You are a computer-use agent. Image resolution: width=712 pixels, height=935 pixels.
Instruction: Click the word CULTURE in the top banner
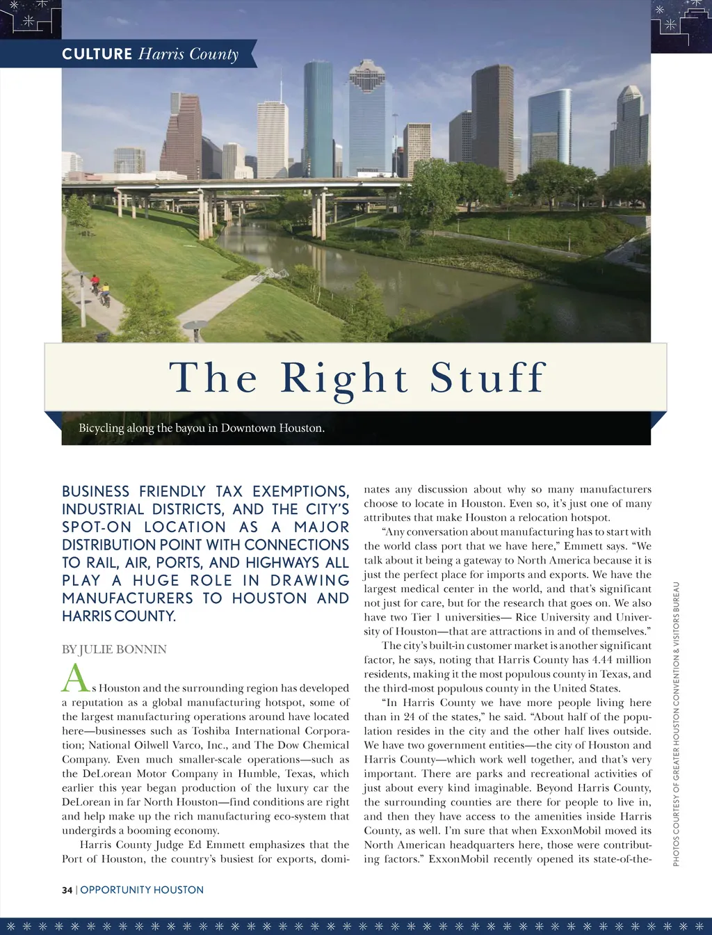pos(97,54)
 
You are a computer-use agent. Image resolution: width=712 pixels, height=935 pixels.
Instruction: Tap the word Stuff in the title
pos(488,377)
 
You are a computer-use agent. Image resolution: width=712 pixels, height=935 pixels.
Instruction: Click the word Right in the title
pos(344,378)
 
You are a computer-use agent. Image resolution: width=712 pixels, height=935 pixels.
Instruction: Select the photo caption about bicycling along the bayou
pos(202,428)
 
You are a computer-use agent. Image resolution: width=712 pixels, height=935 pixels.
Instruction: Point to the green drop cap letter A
pos(75,678)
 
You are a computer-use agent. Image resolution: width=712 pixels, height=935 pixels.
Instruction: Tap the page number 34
pos(67,890)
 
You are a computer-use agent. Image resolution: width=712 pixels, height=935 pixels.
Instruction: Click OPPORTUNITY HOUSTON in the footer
pos(142,890)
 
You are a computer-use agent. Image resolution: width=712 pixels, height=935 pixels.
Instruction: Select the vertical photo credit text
pos(676,724)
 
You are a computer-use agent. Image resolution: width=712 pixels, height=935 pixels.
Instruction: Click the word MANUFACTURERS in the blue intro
pos(127,598)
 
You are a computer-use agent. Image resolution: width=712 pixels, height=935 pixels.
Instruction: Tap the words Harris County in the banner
pos(188,54)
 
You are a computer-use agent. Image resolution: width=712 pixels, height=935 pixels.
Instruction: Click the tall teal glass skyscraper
pos(318,118)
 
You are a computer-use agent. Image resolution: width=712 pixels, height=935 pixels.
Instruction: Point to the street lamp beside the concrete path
pos(196,330)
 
